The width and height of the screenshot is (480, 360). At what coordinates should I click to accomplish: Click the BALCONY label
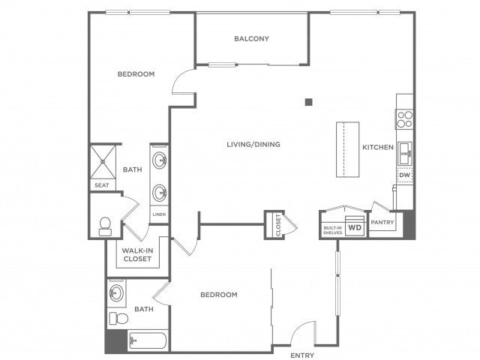point(251,38)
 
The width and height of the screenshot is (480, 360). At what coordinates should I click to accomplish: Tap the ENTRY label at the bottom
point(302,355)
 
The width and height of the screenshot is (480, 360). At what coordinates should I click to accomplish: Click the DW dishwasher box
point(405,175)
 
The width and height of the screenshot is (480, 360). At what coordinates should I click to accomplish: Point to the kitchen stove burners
point(405,119)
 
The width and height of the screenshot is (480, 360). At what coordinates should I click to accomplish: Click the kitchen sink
point(405,153)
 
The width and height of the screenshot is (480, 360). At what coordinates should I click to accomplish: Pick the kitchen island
point(348,149)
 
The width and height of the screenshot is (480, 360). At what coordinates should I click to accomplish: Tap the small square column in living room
point(308,102)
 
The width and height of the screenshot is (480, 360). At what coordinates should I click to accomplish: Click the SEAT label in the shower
point(102,185)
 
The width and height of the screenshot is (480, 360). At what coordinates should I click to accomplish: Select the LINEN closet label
point(159,214)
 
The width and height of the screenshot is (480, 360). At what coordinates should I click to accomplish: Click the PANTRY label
point(382,222)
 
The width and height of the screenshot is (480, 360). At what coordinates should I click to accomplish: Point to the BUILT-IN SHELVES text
point(333,230)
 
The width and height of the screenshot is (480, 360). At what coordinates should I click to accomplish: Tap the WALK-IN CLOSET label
point(137,255)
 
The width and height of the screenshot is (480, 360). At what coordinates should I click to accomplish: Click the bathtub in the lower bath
point(148,340)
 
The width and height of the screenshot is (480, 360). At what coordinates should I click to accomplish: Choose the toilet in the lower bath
point(118,318)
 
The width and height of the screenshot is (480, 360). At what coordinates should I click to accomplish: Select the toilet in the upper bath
point(105,226)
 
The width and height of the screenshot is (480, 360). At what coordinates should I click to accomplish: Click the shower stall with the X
point(103,162)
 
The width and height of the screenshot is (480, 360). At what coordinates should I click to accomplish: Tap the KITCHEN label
point(378,147)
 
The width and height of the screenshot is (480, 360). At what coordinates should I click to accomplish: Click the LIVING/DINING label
point(253,144)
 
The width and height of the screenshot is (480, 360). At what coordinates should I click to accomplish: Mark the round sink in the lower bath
point(117,293)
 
